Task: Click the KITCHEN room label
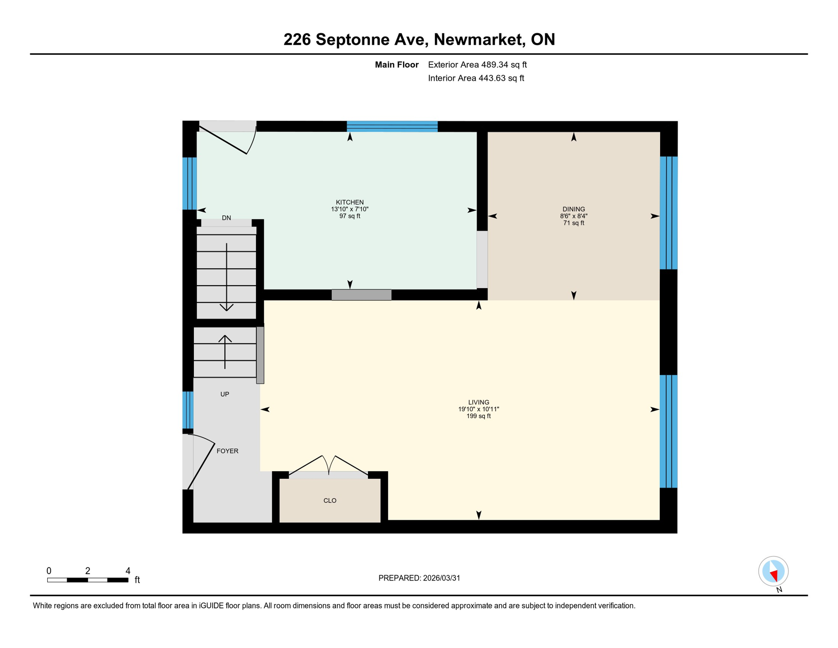(x=349, y=202)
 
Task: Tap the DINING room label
(x=573, y=209)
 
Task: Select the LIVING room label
(x=478, y=402)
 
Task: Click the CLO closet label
(x=330, y=500)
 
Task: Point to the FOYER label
(x=227, y=451)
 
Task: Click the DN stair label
(x=226, y=218)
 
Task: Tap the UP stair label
(x=225, y=394)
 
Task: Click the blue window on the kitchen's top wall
(x=392, y=126)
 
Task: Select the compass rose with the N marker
(x=773, y=571)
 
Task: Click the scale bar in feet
(x=88, y=580)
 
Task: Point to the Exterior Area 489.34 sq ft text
(x=477, y=65)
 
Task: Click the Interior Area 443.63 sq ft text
(x=476, y=78)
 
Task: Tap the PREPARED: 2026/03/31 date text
(x=419, y=578)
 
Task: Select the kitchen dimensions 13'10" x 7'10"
(x=349, y=209)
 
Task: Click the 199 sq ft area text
(x=478, y=416)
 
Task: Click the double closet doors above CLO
(x=328, y=466)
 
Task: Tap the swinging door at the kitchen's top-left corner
(x=228, y=141)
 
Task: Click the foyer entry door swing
(x=201, y=462)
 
